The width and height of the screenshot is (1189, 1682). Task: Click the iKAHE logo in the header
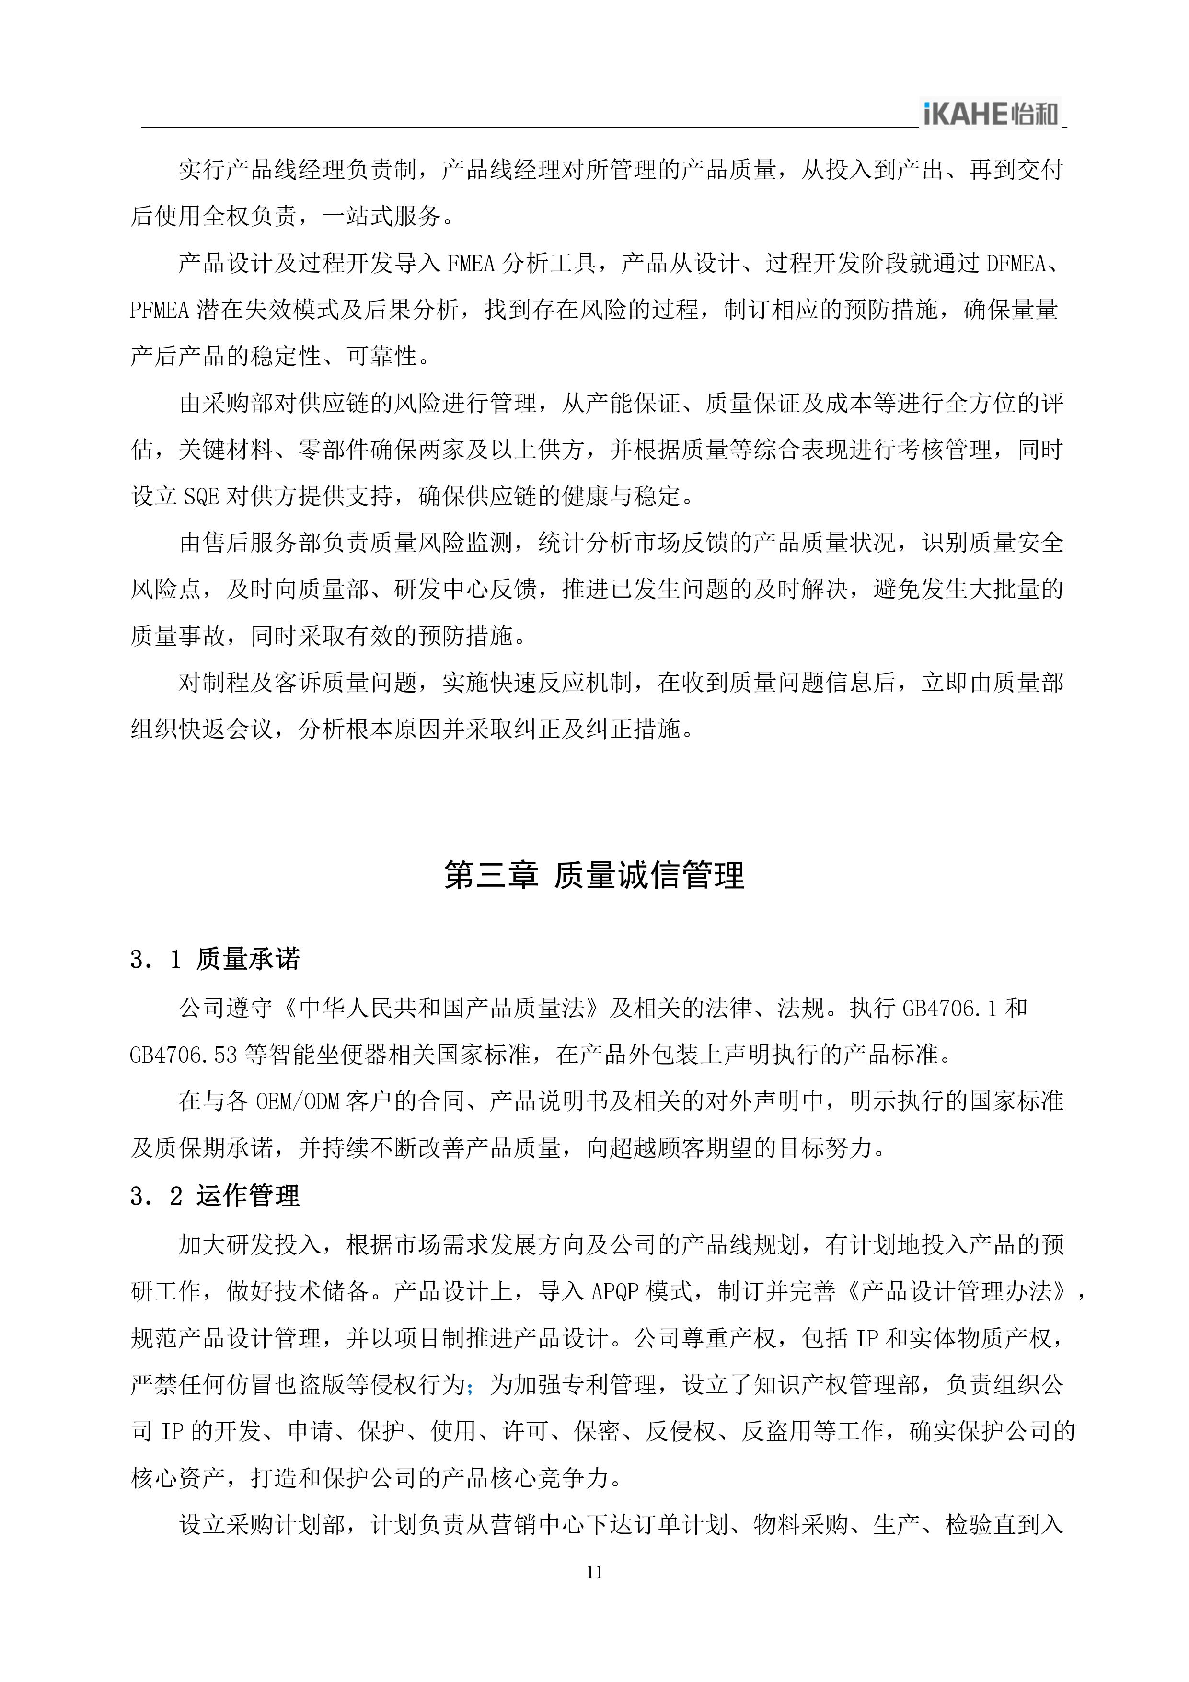[991, 114]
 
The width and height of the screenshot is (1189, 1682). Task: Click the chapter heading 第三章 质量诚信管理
[594, 875]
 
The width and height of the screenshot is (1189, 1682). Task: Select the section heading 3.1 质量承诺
[215, 959]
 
